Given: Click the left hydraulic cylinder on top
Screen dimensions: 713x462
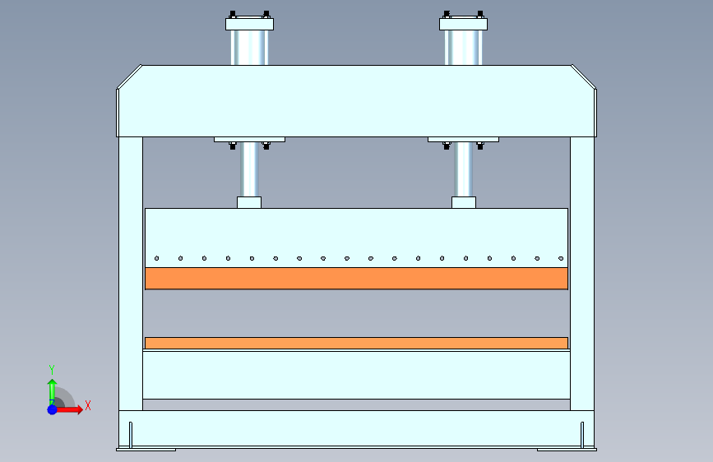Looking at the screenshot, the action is [x=248, y=48].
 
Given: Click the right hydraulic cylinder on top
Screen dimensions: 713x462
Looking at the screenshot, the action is [x=464, y=48].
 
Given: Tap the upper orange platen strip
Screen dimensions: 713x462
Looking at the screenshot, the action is [x=356, y=278].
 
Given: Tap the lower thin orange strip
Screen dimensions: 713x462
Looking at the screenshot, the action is [x=356, y=343].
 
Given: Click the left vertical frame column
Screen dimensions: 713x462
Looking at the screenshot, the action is [x=130, y=271].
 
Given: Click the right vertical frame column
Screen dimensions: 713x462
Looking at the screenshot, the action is [x=582, y=271].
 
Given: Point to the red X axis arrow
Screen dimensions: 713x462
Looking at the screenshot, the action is [x=74, y=409].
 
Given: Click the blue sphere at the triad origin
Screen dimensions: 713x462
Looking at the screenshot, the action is [x=52, y=409].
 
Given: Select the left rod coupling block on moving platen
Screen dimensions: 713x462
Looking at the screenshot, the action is [x=249, y=202].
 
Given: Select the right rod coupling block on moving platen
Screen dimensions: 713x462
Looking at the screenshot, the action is [x=464, y=202].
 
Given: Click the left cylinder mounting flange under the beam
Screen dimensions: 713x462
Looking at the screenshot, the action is [x=248, y=139].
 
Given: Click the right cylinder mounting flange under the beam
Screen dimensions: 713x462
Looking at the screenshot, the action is [x=464, y=139].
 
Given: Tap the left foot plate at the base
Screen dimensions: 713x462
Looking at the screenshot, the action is [x=146, y=449].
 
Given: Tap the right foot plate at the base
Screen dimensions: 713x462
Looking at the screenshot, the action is [x=567, y=449].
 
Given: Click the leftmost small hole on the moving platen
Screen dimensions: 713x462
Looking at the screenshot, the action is [x=156, y=258].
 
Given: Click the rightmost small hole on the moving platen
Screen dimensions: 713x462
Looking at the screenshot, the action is [x=560, y=258].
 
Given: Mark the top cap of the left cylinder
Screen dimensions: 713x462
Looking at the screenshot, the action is [x=248, y=24].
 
